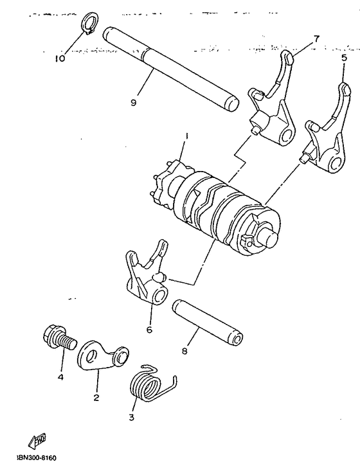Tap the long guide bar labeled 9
[x=171, y=68]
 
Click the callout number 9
[x=132, y=102]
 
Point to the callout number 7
[x=316, y=39]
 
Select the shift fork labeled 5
[x=325, y=134]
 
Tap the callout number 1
[x=186, y=136]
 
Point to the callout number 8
[x=185, y=352]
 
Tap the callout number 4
[x=61, y=377]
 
